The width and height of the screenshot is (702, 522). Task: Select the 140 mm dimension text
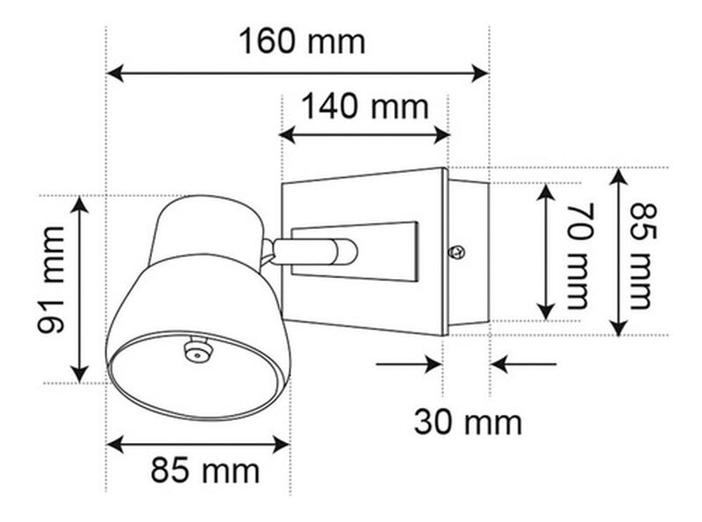point(365,107)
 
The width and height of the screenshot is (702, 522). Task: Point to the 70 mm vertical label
point(580,255)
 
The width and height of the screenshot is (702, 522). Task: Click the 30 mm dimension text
point(468,422)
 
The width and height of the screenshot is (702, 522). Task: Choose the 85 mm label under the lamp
point(205,471)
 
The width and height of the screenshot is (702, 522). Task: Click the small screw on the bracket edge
point(455,253)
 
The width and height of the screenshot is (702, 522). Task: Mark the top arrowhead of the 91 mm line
point(80,204)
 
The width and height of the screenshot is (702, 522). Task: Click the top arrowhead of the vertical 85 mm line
point(620,175)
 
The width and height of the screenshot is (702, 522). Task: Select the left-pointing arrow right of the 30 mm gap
point(498,363)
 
